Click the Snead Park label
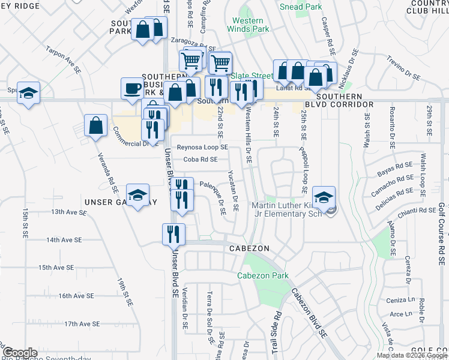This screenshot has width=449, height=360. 301,7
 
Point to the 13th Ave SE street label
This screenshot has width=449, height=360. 69,212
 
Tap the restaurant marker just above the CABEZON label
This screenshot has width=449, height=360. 173,233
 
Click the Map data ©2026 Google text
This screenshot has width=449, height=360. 412,355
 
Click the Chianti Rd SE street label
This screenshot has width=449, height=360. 419,210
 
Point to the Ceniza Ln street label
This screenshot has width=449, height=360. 402,300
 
